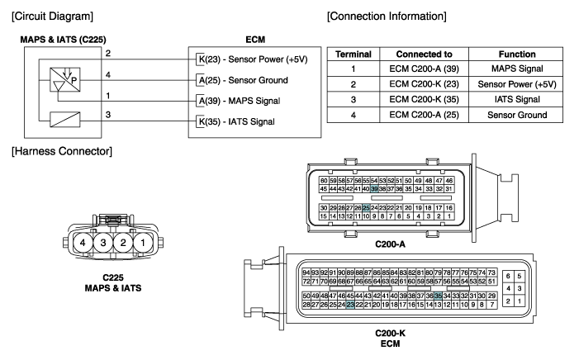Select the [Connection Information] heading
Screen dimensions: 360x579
point(387,17)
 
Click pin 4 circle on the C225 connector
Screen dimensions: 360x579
point(82,244)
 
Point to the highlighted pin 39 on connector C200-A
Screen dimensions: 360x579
point(375,189)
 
